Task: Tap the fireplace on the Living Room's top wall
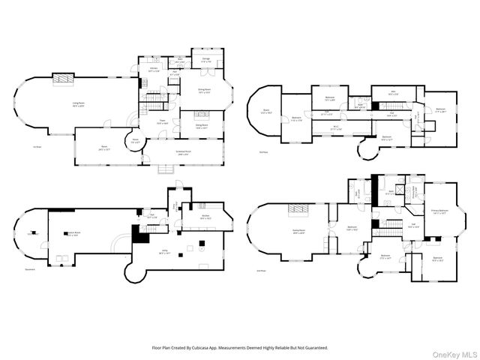[x=61, y=77]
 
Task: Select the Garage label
[x=205, y=60]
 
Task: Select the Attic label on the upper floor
[x=393, y=93]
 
